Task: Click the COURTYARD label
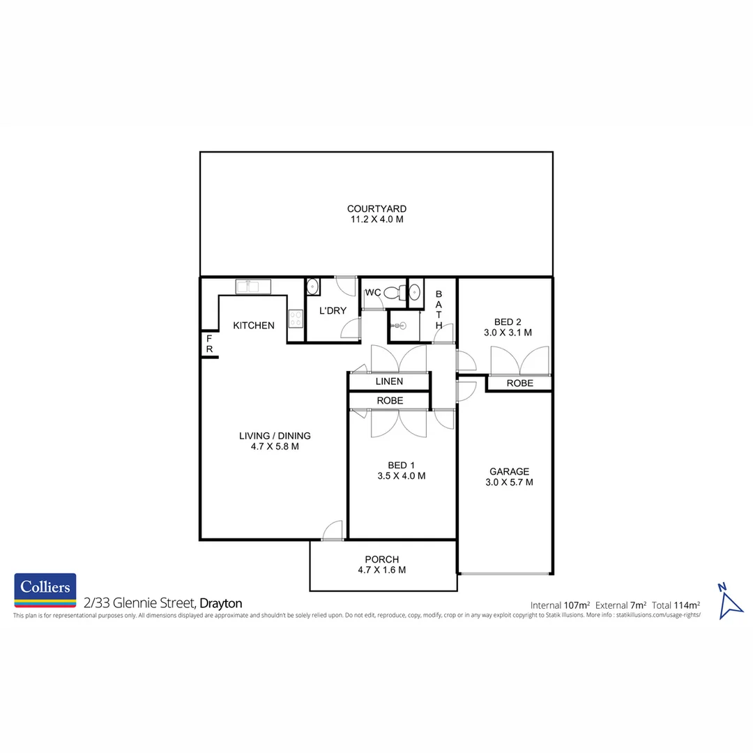[x=376, y=208]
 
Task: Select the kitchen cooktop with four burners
[x=296, y=319]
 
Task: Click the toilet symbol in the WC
[x=394, y=294]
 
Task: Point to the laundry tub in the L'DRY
[x=313, y=287]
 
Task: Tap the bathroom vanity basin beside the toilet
[x=415, y=292]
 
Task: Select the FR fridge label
[x=208, y=343]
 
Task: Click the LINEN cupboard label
[x=389, y=382]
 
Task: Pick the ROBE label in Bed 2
[x=519, y=383]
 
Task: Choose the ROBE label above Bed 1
[x=390, y=401]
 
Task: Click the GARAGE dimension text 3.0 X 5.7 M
[x=509, y=482]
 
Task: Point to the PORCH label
[x=382, y=559]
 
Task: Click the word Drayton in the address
[x=221, y=603]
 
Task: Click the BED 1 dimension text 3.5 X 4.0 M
[x=397, y=476]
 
